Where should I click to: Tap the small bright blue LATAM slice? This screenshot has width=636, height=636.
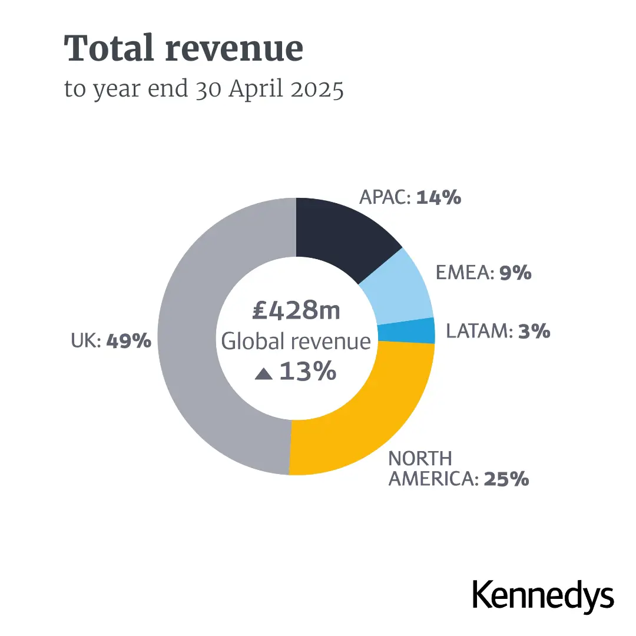pyautogui.click(x=406, y=332)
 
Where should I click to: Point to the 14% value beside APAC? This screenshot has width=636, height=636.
pyautogui.click(x=439, y=198)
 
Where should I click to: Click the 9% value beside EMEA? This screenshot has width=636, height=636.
pyautogui.click(x=515, y=273)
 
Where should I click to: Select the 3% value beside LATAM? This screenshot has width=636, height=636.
pyautogui.click(x=534, y=332)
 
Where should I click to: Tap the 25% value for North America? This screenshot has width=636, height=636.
pyautogui.click(x=506, y=479)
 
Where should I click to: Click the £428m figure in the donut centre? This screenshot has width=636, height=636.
pyautogui.click(x=296, y=311)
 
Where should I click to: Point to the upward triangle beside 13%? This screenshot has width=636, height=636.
pyautogui.click(x=263, y=373)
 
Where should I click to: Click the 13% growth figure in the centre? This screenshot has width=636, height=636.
pyautogui.click(x=307, y=372)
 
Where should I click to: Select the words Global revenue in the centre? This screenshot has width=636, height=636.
pyautogui.click(x=296, y=342)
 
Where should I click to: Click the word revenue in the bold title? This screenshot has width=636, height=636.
pyautogui.click(x=234, y=49)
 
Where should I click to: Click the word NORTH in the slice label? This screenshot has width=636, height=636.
pyautogui.click(x=420, y=458)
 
